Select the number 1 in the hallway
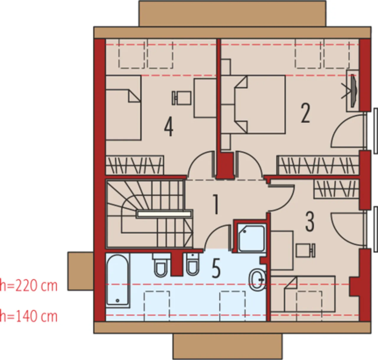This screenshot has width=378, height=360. pyautogui.click(x=216, y=204)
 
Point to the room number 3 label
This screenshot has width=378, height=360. pyautogui.click(x=310, y=222)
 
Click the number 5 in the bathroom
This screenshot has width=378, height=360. pyautogui.click(x=216, y=269)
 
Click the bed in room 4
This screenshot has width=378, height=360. pyautogui.click(x=123, y=108)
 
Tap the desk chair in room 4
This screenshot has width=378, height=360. pyautogui.click(x=182, y=98)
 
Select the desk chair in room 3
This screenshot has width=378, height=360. pyautogui.click(x=306, y=250)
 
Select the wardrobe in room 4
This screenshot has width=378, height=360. pyautogui.click(x=135, y=165)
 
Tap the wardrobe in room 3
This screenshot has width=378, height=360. pyautogui.click(x=336, y=189)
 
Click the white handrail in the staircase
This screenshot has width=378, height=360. pyautogui.click(x=164, y=214)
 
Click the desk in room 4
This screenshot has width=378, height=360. pyautogui.click(x=205, y=98)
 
